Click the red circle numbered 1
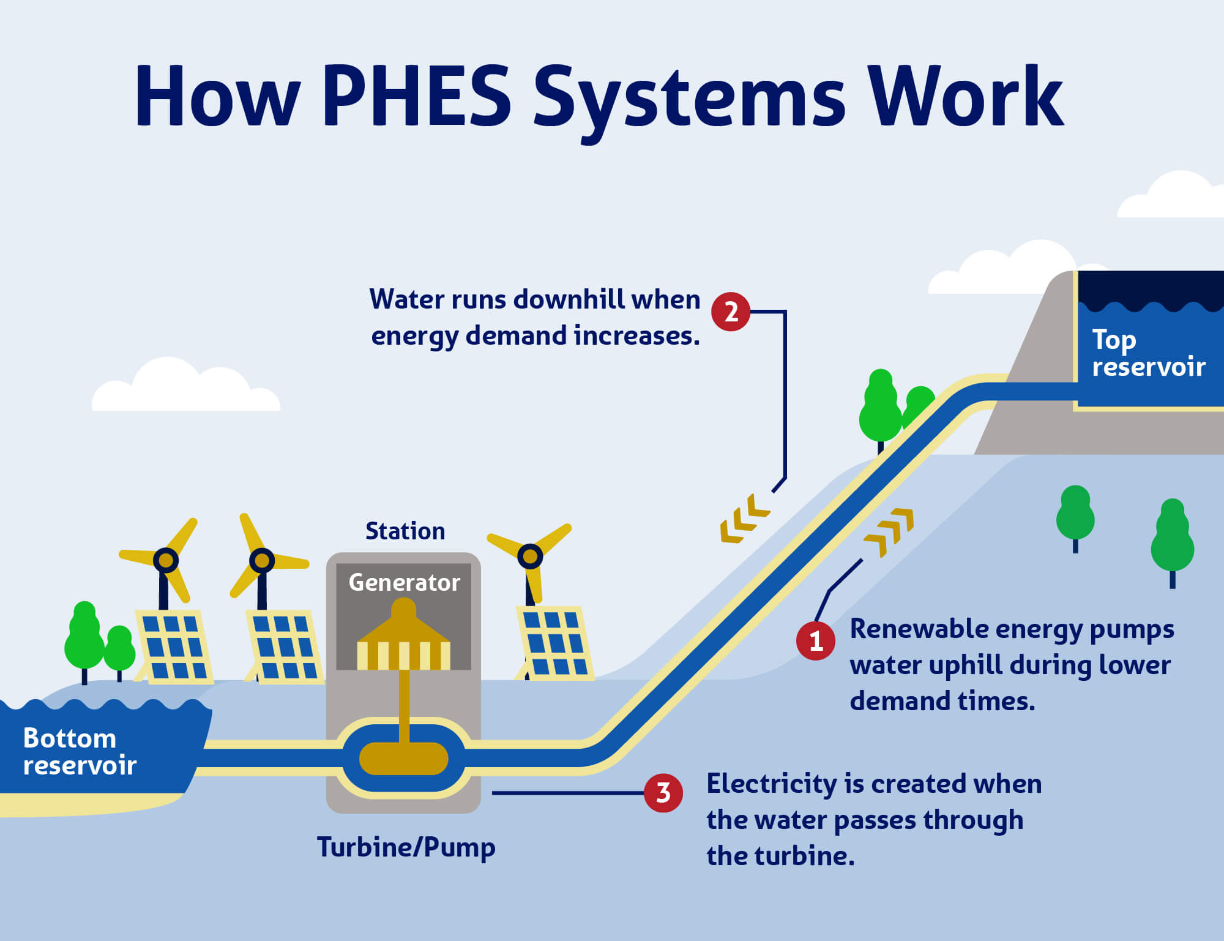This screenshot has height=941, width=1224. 815,641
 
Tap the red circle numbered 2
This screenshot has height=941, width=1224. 731,312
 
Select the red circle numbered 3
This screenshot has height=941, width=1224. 663,793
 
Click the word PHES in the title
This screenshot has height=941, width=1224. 417,96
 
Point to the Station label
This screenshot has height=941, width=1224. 405,531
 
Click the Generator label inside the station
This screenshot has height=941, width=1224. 404,582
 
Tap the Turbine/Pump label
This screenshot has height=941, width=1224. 406,847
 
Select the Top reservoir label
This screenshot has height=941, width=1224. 1147,353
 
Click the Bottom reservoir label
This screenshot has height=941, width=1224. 80,752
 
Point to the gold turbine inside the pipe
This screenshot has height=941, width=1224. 404,759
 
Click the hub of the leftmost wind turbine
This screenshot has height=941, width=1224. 165,560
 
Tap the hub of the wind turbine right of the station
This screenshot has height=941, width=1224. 530,557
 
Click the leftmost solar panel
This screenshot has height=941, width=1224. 174,647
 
